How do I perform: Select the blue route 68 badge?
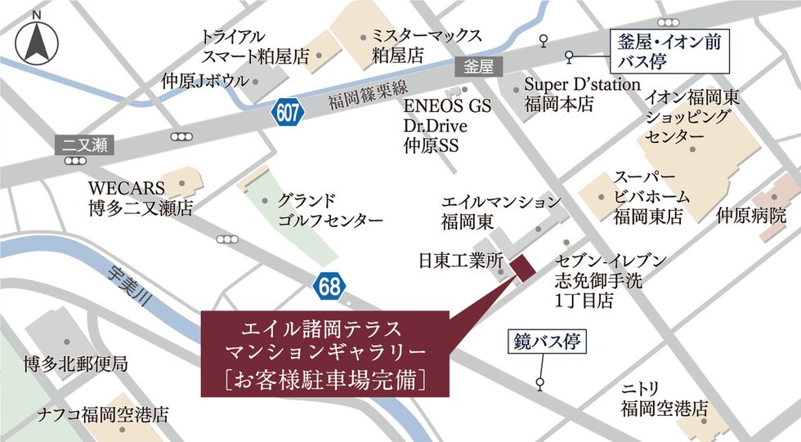(x=329, y=285)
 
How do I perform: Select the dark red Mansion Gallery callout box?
(x=325, y=353)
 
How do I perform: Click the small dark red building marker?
(x=521, y=266)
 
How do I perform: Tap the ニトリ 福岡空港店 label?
(x=663, y=398)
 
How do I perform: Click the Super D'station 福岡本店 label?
(x=582, y=94)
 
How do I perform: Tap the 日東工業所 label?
(x=459, y=261)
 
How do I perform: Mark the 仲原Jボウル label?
(x=204, y=81)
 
